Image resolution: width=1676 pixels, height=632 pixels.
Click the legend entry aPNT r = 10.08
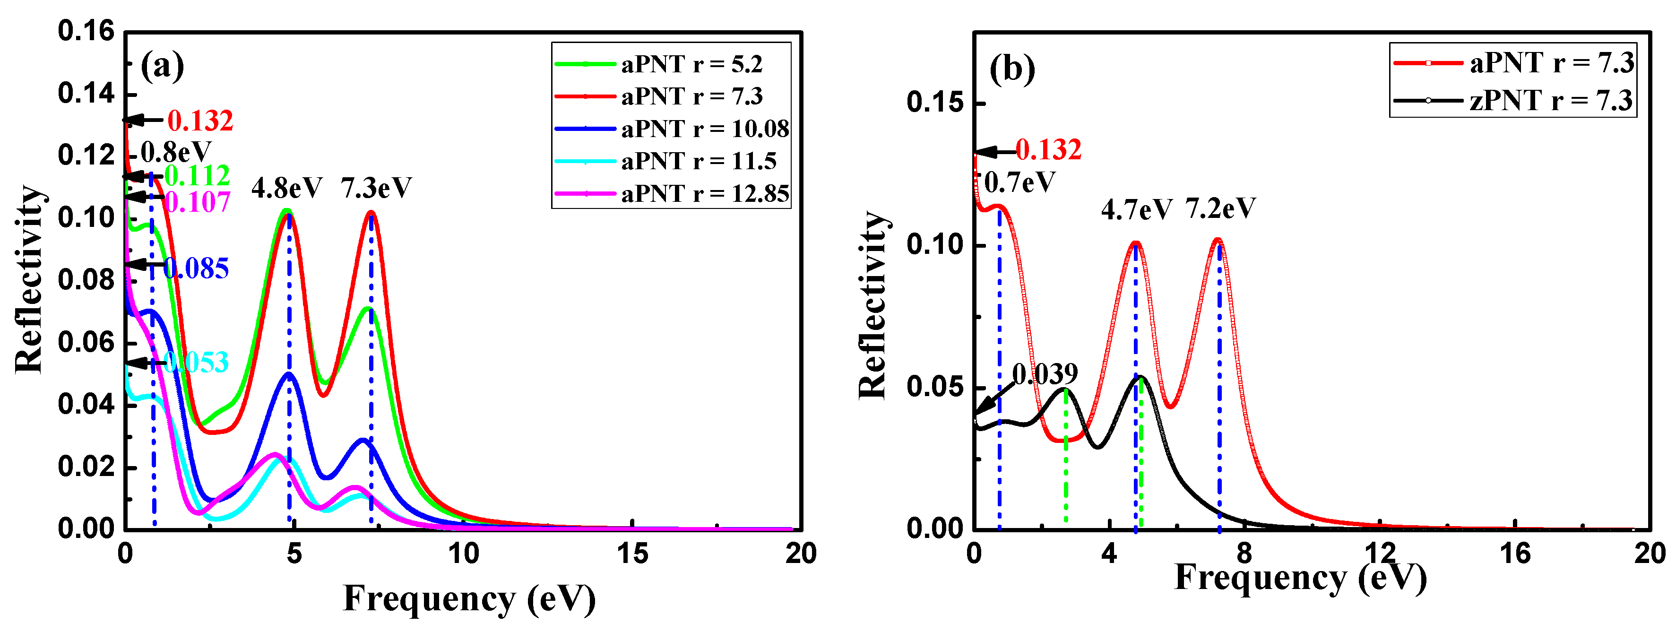705,129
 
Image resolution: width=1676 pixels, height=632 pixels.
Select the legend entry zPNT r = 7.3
1550,100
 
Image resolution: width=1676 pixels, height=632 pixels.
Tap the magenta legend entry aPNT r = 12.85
705,193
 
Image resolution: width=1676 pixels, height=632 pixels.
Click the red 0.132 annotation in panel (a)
200,121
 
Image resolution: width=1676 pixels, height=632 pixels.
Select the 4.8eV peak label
286,188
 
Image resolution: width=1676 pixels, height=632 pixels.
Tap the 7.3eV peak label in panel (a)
376,188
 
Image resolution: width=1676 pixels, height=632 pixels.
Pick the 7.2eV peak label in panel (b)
1220,208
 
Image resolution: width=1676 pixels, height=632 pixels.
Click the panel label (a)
162,66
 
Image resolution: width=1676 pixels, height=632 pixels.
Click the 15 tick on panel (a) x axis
632,554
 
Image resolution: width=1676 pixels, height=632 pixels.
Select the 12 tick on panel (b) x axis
1380,554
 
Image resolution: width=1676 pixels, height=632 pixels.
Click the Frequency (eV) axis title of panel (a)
468,599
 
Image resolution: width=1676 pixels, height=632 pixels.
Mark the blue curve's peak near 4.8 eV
289,373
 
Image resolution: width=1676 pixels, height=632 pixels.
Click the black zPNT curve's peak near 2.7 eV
1065,389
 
